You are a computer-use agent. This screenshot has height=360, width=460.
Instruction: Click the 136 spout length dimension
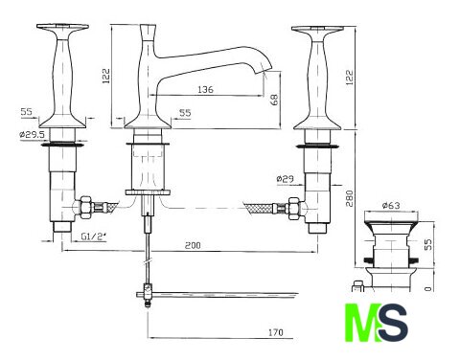pyautogui.click(x=205, y=89)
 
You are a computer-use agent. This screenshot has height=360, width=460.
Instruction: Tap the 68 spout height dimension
pyautogui.click(x=274, y=100)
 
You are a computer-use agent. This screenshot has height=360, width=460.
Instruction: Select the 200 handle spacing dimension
pyautogui.click(x=193, y=245)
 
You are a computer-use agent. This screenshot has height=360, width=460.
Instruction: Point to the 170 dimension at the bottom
pyautogui.click(x=275, y=333)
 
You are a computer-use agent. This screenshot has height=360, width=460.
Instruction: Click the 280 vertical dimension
pyautogui.click(x=350, y=198)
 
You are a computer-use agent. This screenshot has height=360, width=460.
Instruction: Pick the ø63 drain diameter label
pyautogui.click(x=390, y=206)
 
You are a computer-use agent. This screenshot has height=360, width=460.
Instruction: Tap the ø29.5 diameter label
pyautogui.click(x=32, y=135)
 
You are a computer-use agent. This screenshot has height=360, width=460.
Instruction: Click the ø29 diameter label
pyautogui.click(x=285, y=179)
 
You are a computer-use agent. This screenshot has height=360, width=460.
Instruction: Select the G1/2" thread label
pyautogui.click(x=93, y=236)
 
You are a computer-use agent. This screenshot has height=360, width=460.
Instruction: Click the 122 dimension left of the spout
pyautogui.click(x=106, y=76)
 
